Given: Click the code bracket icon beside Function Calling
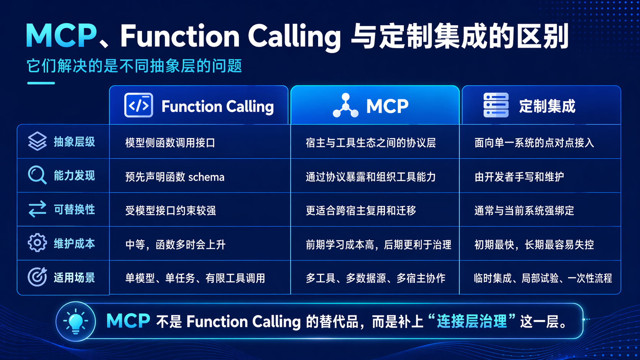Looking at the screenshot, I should pyautogui.click(x=139, y=105).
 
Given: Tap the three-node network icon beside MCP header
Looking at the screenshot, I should pyautogui.click(x=346, y=106).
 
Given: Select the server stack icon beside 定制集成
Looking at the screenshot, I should pyautogui.click(x=496, y=105).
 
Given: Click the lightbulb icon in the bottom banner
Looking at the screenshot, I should pyautogui.click(x=75, y=321).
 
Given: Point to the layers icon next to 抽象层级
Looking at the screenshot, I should pyautogui.click(x=37, y=142).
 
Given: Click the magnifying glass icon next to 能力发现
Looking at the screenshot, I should pyautogui.click(x=37, y=175).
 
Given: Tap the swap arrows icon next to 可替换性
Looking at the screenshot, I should pyautogui.click(x=37, y=209).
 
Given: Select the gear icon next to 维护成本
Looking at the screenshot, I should pyautogui.click(x=37, y=243).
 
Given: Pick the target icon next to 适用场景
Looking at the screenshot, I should pyautogui.click(x=37, y=277).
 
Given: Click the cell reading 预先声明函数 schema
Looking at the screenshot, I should pyautogui.click(x=175, y=177).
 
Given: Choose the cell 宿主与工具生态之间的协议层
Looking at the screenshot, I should pyautogui.click(x=371, y=143).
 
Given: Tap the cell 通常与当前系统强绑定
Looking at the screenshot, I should pyautogui.click(x=524, y=210).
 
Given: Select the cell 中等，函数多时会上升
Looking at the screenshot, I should pyautogui.click(x=175, y=244).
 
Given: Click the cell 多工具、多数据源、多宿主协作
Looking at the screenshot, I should pyautogui.click(x=375, y=278).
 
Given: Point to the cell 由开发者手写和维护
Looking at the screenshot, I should pyautogui.click(x=519, y=177).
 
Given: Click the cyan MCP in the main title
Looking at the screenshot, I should pyautogui.click(x=61, y=36).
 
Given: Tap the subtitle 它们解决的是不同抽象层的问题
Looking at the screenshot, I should pyautogui.click(x=134, y=66).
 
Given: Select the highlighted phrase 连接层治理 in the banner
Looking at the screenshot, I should pyautogui.click(x=472, y=321).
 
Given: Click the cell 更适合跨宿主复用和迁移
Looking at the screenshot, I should pyautogui.click(x=361, y=210).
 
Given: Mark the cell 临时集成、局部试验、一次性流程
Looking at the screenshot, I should pyautogui.click(x=542, y=278).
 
